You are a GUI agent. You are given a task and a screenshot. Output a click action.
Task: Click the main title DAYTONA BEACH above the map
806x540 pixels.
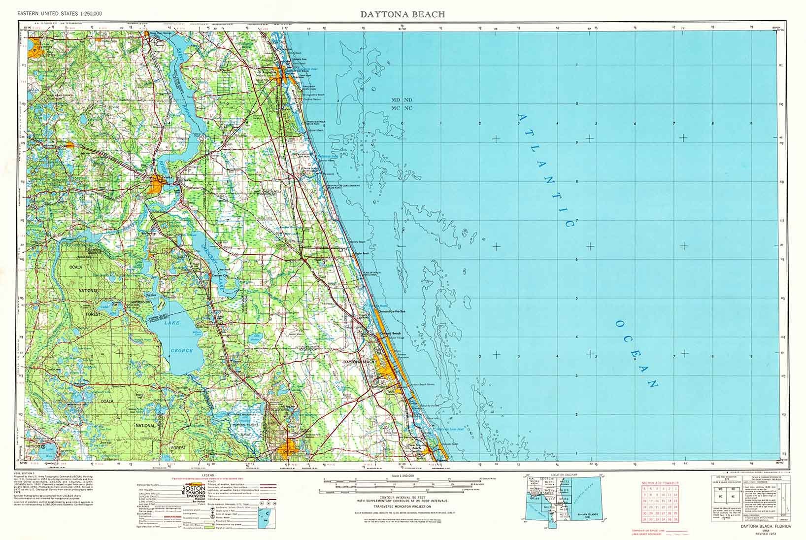click(403, 14)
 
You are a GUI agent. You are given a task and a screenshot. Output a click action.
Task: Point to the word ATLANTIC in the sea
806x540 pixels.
click(546, 170)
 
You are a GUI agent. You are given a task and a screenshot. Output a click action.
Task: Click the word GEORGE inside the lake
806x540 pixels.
click(181, 350)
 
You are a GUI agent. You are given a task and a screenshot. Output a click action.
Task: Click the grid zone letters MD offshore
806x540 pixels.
click(396, 100)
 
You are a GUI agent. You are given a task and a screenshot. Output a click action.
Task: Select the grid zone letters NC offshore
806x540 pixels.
click(408, 108)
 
